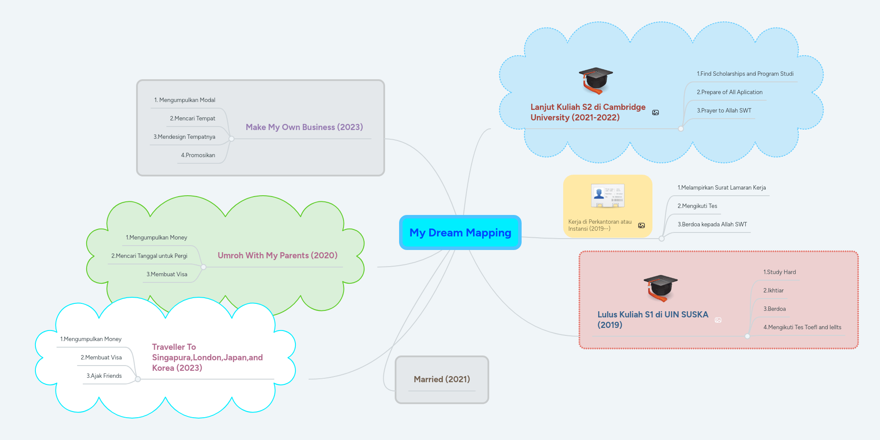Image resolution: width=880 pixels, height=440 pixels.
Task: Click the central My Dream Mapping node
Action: pyautogui.click(x=460, y=232)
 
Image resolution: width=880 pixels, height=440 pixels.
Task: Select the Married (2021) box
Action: pyautogui.click(x=442, y=379)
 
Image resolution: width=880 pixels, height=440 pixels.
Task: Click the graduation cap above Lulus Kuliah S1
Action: pyautogui.click(x=660, y=288)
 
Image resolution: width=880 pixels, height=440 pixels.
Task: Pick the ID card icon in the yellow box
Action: pyautogui.click(x=607, y=196)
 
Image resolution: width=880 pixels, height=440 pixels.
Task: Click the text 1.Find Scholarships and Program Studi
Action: pyautogui.click(x=745, y=74)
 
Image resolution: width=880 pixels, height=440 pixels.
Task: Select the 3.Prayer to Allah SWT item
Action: pyautogui.click(x=724, y=111)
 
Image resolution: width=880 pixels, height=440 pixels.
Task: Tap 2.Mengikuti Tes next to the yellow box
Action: pyautogui.click(x=697, y=206)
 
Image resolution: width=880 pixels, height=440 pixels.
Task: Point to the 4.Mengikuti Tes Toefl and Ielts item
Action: pyautogui.click(x=802, y=327)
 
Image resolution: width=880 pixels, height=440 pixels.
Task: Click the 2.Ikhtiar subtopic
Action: pyautogui.click(x=773, y=291)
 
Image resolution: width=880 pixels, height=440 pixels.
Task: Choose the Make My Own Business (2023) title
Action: pyautogui.click(x=304, y=127)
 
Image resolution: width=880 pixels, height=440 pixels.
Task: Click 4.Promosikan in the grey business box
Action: pyautogui.click(x=198, y=155)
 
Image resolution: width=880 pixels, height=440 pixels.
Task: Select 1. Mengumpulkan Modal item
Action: pyautogui.click(x=185, y=100)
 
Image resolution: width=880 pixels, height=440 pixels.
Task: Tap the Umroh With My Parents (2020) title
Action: pyautogui.click(x=277, y=256)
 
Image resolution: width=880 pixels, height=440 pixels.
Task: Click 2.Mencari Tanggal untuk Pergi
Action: pyautogui.click(x=149, y=256)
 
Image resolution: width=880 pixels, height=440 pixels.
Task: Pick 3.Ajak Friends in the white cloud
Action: pyautogui.click(x=104, y=376)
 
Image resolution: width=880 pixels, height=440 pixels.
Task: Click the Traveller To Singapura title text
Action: pyautogui.click(x=207, y=358)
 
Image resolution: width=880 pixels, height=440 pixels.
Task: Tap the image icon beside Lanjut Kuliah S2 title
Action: pyautogui.click(x=656, y=113)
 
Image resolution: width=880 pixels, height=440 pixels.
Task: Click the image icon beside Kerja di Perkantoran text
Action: pyautogui.click(x=642, y=225)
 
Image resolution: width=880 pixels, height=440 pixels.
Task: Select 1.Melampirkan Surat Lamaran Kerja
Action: pyautogui.click(x=722, y=188)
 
